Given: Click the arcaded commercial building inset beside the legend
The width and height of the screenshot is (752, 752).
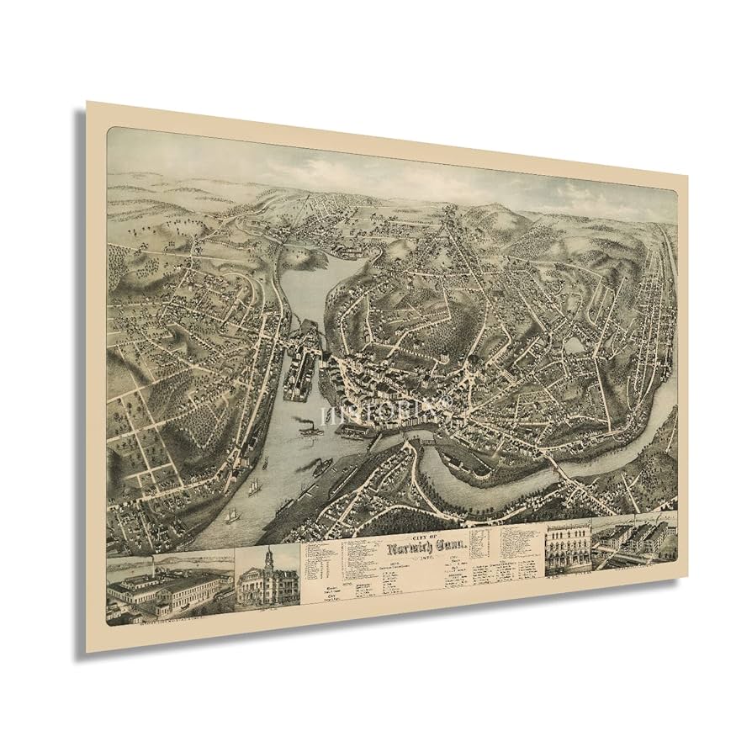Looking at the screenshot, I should [567, 550].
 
